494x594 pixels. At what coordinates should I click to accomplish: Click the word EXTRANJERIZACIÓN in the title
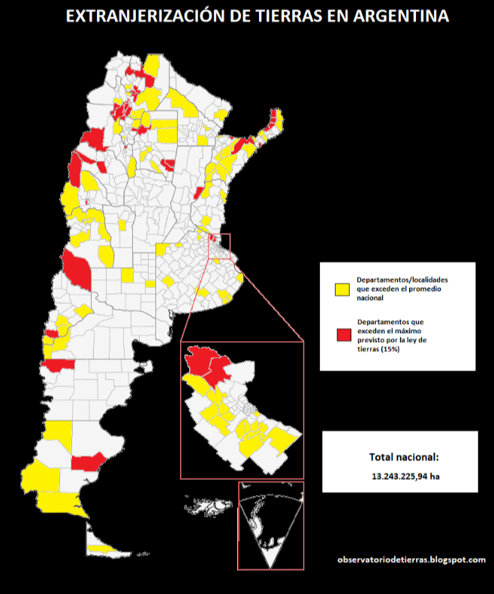tap(132, 16)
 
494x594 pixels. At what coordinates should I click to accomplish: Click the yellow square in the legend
tap(342, 289)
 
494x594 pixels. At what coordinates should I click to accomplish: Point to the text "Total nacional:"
tap(399, 457)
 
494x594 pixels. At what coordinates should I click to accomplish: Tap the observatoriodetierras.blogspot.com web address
tap(411, 559)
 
